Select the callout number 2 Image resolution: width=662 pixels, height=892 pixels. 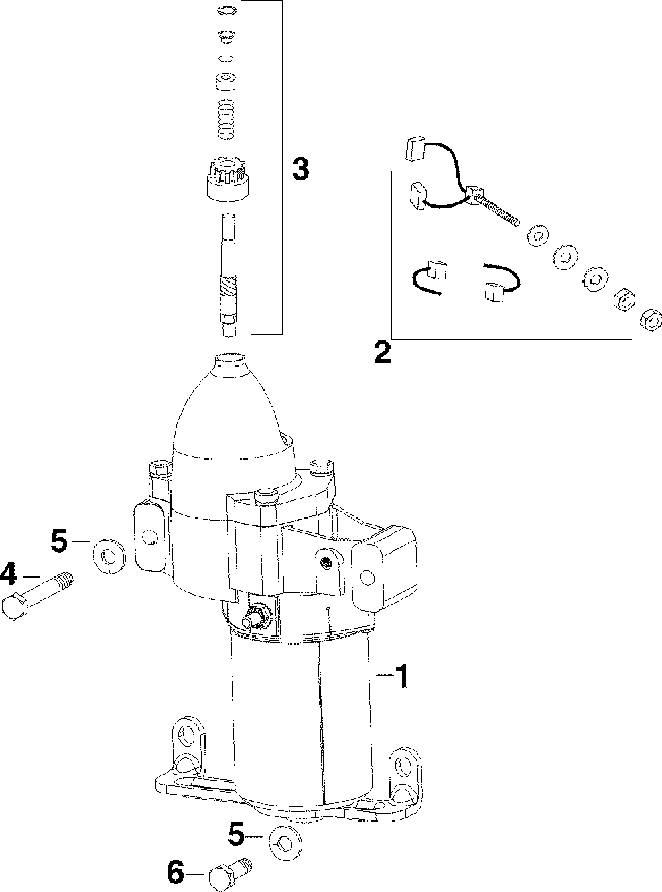point(382,352)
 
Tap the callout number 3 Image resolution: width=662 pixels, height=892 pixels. point(300,170)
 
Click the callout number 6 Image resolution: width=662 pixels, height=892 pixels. point(175,873)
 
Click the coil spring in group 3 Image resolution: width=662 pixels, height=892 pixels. point(228,120)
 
